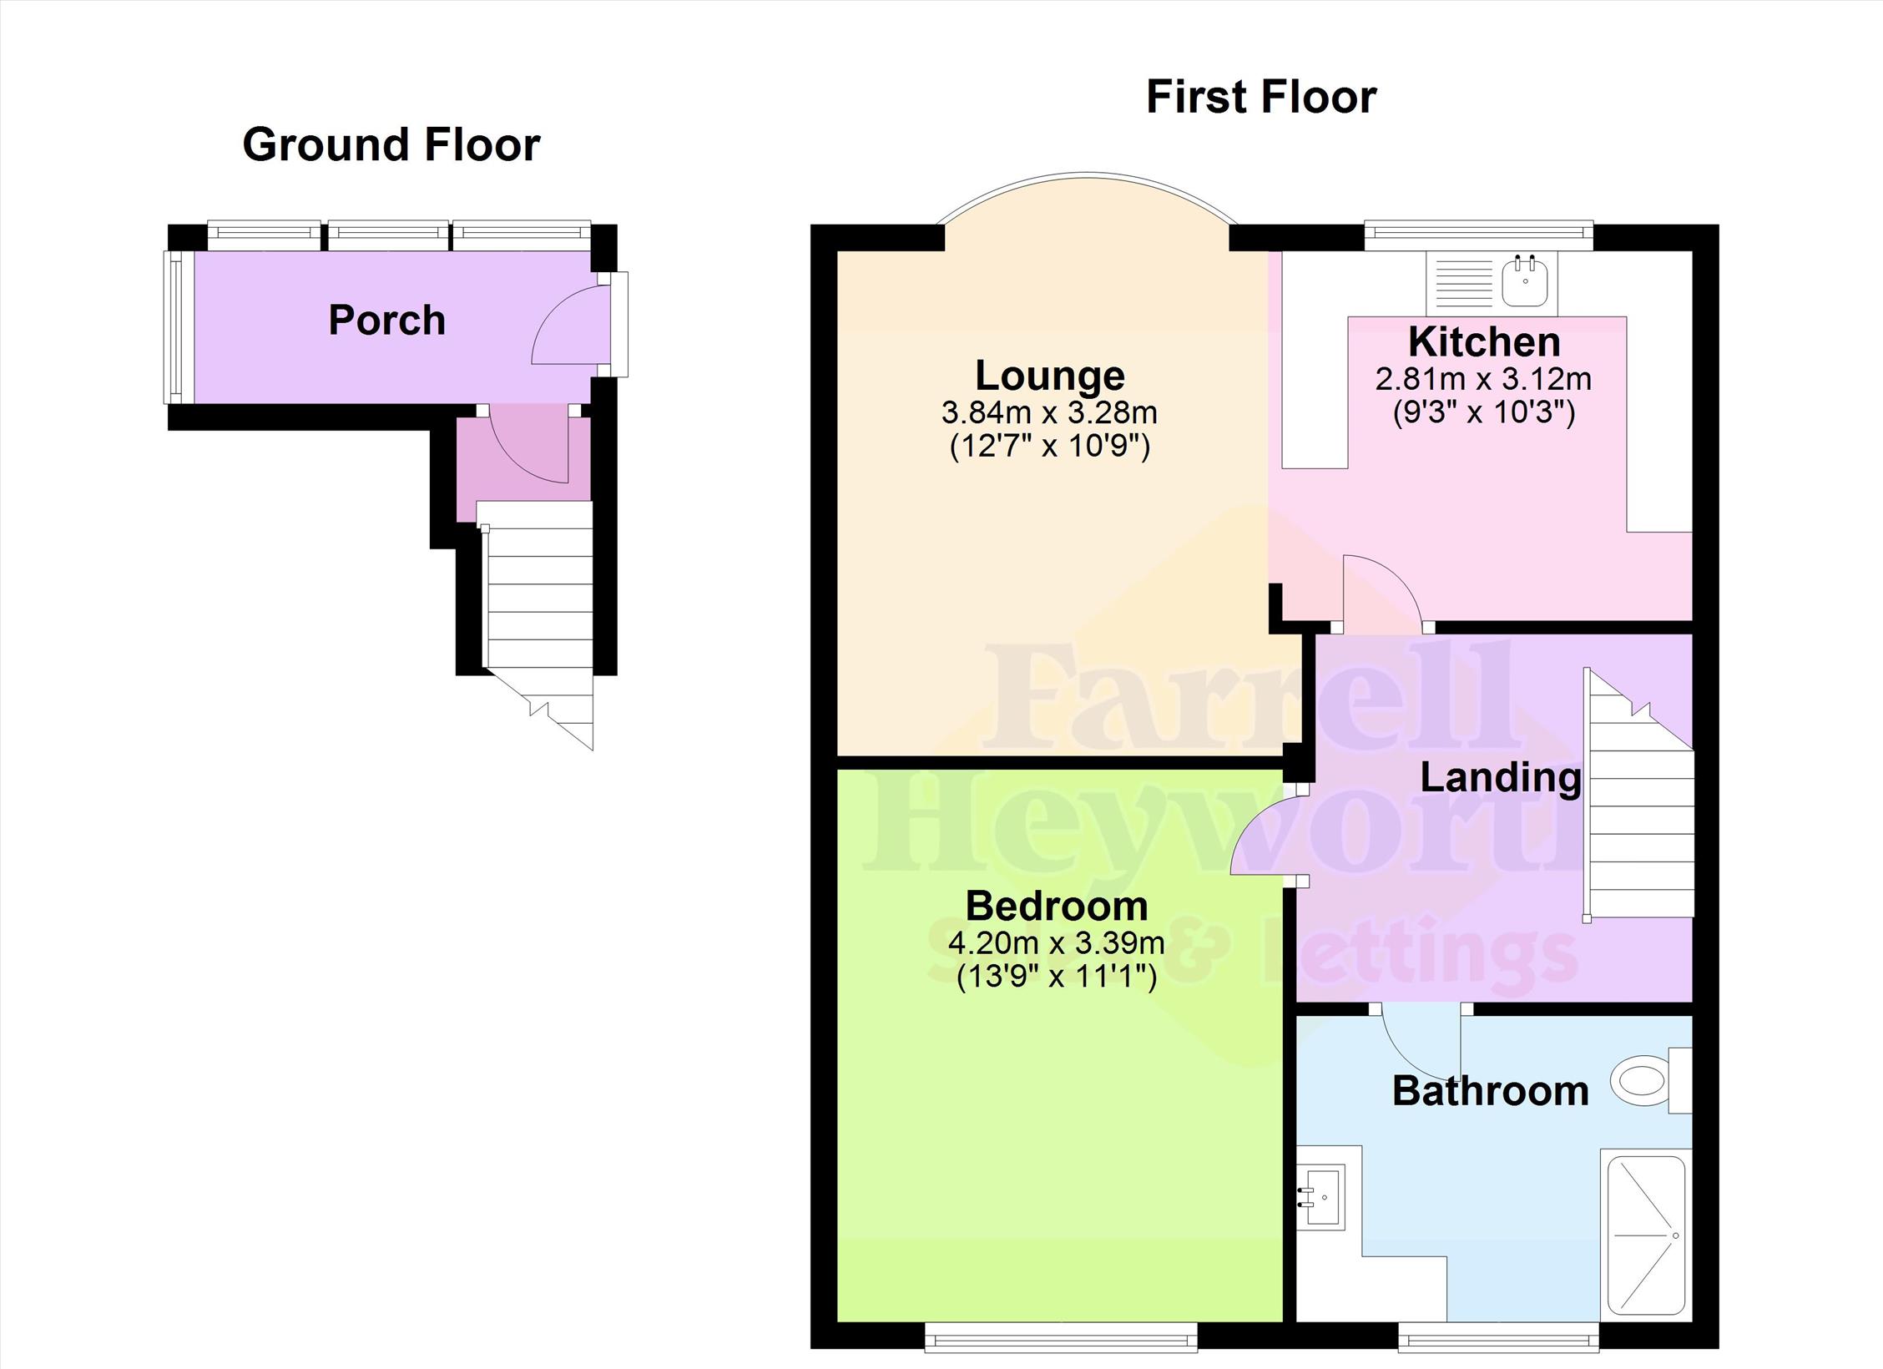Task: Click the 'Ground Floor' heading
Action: (391, 144)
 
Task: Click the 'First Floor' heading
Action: (1261, 97)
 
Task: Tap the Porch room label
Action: (386, 321)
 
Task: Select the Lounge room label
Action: (1050, 376)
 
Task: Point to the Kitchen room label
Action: (1484, 341)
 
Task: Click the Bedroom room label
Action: (1057, 906)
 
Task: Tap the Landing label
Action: (1501, 778)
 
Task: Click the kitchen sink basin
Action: (1526, 280)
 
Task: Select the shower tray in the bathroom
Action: (1643, 1247)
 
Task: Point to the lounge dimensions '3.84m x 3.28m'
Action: (1050, 412)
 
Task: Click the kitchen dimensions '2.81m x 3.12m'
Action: (1484, 380)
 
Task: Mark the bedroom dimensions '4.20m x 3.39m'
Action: (1057, 943)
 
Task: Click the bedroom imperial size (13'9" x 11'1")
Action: (1057, 977)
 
